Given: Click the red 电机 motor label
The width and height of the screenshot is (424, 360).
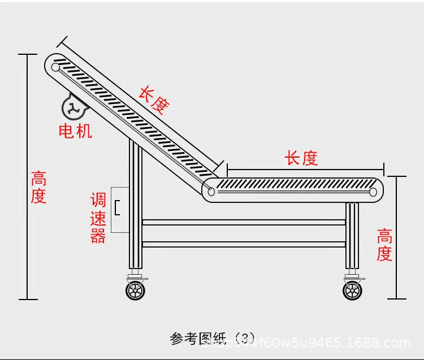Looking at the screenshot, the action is (75, 131).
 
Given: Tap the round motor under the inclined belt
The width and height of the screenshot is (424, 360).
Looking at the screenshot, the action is (72, 107).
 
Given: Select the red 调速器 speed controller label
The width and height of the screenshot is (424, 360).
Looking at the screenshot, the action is (98, 218).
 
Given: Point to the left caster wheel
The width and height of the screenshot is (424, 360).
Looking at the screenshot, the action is (135, 290).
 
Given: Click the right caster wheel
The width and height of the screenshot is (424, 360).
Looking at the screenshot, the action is (352, 290).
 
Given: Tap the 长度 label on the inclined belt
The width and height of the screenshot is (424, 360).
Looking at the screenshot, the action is (154, 100).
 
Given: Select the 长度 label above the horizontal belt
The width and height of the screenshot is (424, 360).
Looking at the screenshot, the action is (301, 158).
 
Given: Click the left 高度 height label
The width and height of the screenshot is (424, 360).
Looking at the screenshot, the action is (38, 188).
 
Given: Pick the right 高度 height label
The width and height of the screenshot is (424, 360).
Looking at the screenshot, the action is (384, 244).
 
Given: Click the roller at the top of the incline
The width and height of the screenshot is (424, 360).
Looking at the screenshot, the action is (55, 67).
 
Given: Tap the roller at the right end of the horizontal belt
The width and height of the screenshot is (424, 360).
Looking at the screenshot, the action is (373, 192).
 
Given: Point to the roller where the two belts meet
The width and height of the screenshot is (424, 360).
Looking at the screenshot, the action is (211, 192).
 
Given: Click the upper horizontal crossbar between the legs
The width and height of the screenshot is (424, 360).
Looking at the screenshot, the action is (244, 222).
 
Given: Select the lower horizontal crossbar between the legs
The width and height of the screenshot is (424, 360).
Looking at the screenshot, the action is (244, 244).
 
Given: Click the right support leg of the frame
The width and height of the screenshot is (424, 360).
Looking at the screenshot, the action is (352, 237).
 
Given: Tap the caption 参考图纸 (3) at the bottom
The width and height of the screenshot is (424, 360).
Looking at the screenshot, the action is (213, 339).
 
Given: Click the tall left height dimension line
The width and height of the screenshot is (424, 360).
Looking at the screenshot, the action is (27, 176).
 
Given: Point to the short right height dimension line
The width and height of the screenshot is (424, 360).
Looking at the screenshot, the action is (397, 237).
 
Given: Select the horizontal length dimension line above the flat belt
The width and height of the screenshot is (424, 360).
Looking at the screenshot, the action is (305, 169).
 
